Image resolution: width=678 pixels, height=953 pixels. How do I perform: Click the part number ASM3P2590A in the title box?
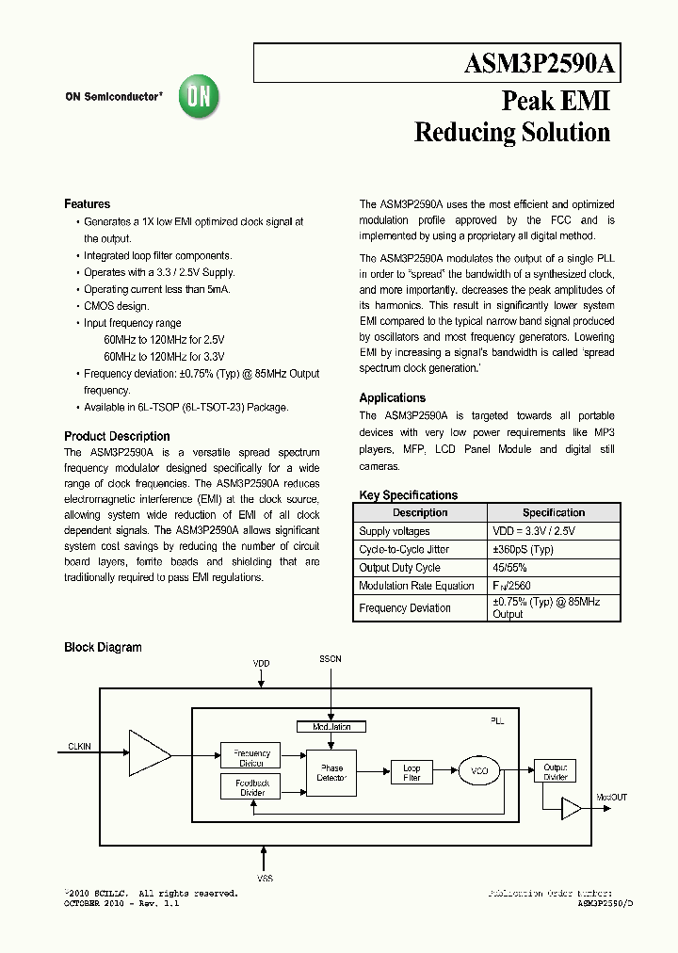pyautogui.click(x=540, y=64)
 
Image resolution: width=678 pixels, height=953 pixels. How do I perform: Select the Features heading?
pyautogui.click(x=87, y=204)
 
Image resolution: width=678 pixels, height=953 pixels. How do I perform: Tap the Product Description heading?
pyautogui.click(x=117, y=436)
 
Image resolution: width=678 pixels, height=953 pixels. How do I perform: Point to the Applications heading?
pyautogui.click(x=392, y=397)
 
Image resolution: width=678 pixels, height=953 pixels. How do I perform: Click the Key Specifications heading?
pyautogui.click(x=408, y=495)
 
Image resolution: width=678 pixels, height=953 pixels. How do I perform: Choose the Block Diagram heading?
pyautogui.click(x=103, y=647)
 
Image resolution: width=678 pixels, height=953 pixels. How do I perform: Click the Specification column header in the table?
pyautogui.click(x=554, y=513)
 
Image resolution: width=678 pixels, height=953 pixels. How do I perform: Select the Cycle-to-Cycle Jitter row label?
pyautogui.click(x=404, y=550)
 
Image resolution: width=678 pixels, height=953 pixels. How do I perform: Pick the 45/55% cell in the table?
pyautogui.click(x=509, y=568)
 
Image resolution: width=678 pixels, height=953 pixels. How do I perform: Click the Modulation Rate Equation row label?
pyautogui.click(x=416, y=586)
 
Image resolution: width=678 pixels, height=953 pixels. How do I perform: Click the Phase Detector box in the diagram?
pyautogui.click(x=331, y=773)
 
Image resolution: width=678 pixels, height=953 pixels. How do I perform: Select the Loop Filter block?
pyautogui.click(x=412, y=773)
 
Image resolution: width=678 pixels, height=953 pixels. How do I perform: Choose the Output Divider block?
pyautogui.click(x=555, y=771)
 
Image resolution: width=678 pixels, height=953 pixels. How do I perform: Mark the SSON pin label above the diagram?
pyautogui.click(x=331, y=659)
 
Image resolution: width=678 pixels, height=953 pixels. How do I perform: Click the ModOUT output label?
pyautogui.click(x=611, y=798)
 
